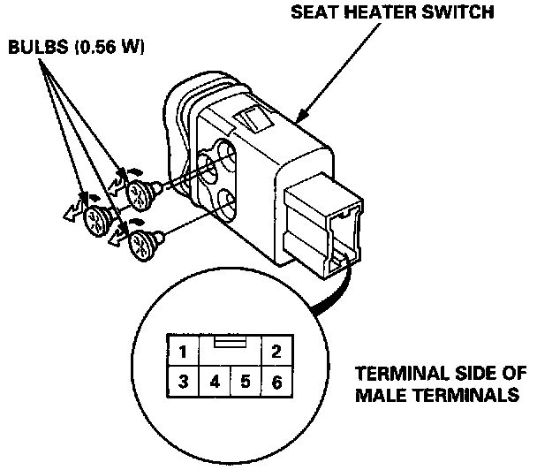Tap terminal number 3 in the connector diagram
point(182,383)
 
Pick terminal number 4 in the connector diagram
point(215,383)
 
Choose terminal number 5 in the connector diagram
point(245,383)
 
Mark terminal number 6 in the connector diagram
point(276,383)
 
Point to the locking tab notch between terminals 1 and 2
point(229,339)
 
